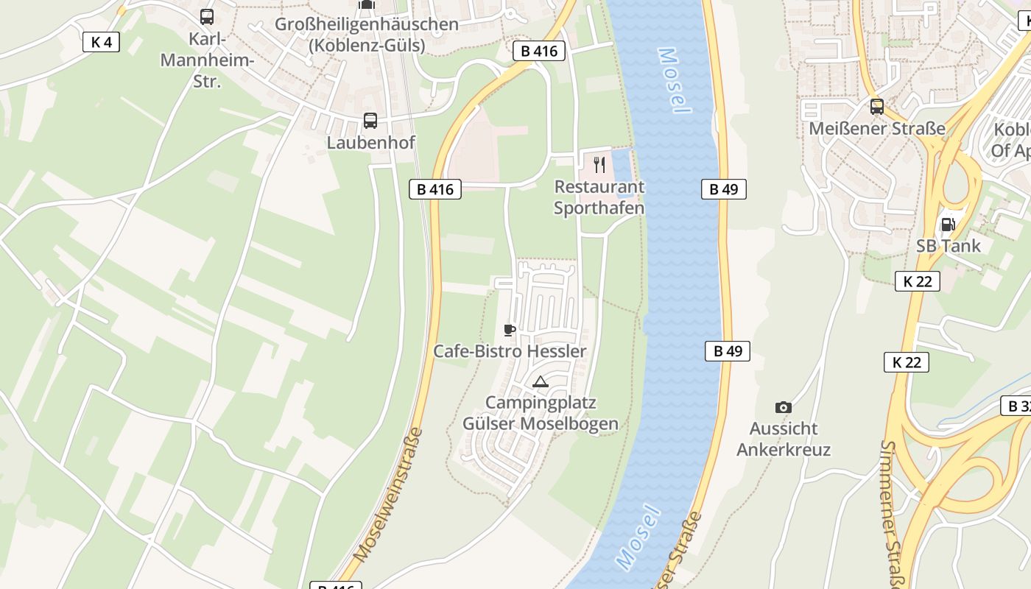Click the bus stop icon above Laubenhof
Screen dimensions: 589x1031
(x=370, y=121)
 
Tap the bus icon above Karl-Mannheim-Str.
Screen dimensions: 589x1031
(x=207, y=16)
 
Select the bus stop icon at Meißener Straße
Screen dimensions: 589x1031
(x=876, y=106)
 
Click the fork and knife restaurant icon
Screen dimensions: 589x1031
(x=599, y=164)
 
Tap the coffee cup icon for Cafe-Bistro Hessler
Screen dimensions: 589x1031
(x=509, y=330)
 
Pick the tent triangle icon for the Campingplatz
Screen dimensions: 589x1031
(x=541, y=381)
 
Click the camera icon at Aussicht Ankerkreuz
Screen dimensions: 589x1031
(x=784, y=407)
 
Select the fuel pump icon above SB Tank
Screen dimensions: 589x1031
(x=949, y=225)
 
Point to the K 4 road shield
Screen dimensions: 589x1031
(x=101, y=42)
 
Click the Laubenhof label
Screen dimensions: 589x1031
(x=370, y=143)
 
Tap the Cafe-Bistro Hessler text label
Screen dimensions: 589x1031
(x=510, y=351)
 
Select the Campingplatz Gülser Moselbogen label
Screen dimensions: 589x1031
(x=541, y=413)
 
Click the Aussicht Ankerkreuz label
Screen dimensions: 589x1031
(x=784, y=439)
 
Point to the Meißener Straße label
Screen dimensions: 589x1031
(x=876, y=129)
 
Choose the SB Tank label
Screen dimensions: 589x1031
(x=949, y=246)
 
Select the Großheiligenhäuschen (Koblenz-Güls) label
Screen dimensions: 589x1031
(x=367, y=35)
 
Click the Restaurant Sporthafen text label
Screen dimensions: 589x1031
(x=599, y=197)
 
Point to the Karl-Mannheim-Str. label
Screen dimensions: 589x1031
(x=207, y=60)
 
